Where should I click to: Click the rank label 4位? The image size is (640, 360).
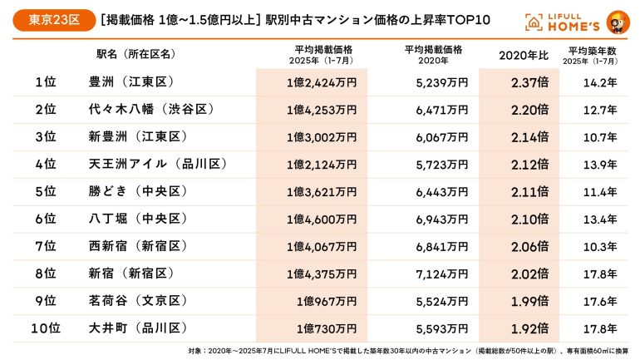tap(46, 165)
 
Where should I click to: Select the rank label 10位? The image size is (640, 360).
tap(46, 328)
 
